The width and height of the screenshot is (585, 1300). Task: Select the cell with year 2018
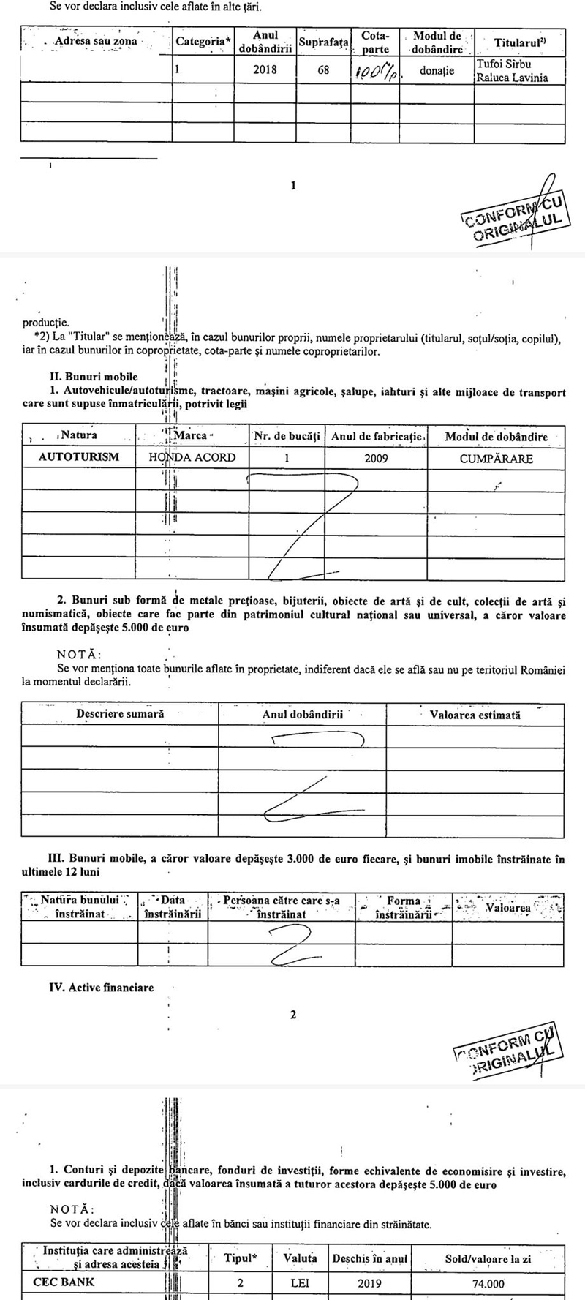pos(265,71)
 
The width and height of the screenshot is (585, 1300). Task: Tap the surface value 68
pos(323,71)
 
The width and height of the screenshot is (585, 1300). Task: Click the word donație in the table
pos(437,71)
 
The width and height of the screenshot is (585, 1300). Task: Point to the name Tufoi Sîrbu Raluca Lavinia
pos(512,71)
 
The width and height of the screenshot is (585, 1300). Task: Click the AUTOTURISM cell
pos(78,458)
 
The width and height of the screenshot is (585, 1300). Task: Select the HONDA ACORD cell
pos(192,458)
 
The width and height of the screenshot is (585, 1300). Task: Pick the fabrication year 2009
pos(375,459)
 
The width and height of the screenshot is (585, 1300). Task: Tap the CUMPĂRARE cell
pos(496,459)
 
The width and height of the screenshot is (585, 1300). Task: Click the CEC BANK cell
pos(64,1282)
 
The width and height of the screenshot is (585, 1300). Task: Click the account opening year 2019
pos(369,1283)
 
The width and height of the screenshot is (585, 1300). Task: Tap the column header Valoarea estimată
pos(475,715)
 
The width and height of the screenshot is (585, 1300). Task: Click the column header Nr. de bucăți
pos(287,437)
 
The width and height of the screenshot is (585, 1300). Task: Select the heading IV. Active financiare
pos(101,988)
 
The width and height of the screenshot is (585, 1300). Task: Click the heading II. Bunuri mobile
pos(93,377)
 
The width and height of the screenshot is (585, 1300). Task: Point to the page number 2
pos(293,1015)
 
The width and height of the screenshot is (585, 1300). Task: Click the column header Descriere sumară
pos(120,714)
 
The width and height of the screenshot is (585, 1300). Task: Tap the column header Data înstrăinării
pos(173,907)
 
